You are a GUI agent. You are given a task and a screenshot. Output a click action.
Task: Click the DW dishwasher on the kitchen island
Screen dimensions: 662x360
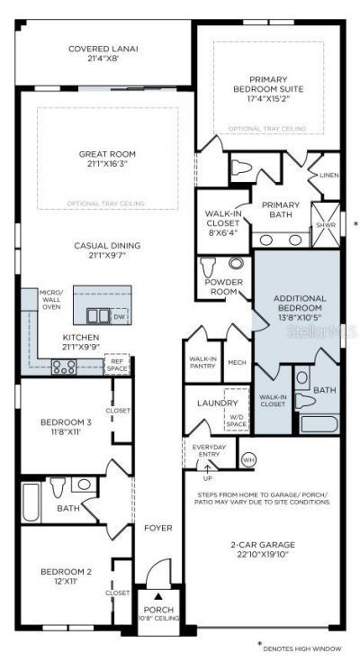119,317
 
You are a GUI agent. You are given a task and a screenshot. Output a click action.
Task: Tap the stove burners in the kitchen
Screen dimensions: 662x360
64,367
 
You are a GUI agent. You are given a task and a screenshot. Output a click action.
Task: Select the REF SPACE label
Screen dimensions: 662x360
118,365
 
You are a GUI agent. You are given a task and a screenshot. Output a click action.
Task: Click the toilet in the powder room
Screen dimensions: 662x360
209,267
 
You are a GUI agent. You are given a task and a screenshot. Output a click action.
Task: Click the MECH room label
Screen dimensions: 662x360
237,362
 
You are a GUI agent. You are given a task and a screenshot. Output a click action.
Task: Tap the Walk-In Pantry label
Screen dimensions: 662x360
202,362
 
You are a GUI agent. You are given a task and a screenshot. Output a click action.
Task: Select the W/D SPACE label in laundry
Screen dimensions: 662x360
236,419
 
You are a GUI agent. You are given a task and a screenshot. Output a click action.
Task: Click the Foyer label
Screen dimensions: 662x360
157,528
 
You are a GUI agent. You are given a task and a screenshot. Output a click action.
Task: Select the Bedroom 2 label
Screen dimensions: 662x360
66,576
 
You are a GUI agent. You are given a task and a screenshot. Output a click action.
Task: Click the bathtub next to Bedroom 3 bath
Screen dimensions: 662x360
31,502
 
